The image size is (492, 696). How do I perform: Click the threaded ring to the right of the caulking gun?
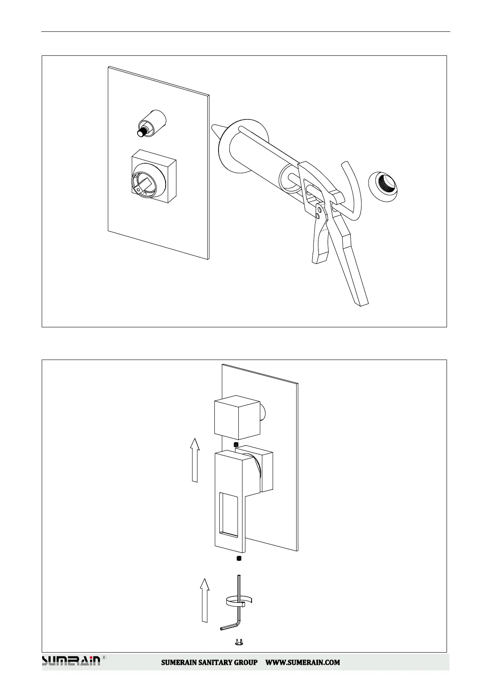(x=384, y=186)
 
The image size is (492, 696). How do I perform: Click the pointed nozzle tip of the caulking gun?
(x=215, y=129)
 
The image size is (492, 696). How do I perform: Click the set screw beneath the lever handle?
(x=238, y=559)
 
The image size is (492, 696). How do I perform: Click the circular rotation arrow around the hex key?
(x=239, y=601)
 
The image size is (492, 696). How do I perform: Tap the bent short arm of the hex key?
(x=229, y=636)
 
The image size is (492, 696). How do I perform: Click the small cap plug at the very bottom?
(x=238, y=653)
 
